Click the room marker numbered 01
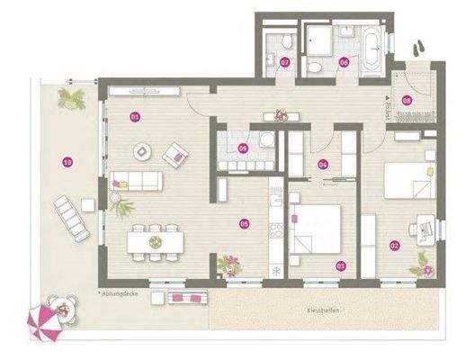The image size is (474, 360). (135, 116)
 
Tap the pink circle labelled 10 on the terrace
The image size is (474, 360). (66, 162)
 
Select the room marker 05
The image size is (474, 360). (244, 223)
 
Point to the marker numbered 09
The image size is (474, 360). (242, 148)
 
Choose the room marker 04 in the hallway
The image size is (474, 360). (323, 164)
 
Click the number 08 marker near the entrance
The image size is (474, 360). (407, 101)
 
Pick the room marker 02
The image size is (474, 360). (394, 244)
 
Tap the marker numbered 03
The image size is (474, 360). (340, 265)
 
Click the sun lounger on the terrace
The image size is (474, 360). (72, 214)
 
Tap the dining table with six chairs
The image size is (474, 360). (155, 241)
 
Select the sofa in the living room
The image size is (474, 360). (132, 180)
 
